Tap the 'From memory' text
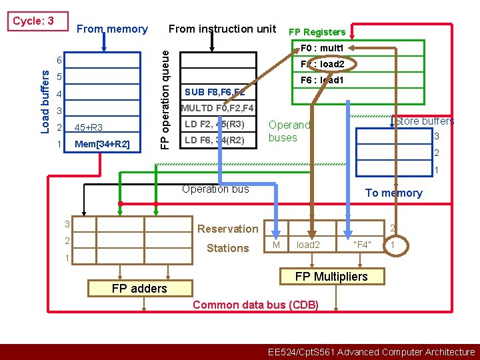[x=112, y=29]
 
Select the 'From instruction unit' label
[x=222, y=29]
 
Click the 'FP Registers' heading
[x=317, y=32]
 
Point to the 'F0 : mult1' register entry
[x=322, y=49]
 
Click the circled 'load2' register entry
[x=323, y=64]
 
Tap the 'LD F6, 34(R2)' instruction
[x=215, y=140]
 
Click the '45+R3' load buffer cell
[x=89, y=127]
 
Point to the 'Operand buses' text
[x=289, y=131]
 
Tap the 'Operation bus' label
[x=215, y=189]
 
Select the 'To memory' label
[x=393, y=193]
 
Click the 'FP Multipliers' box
[x=331, y=276]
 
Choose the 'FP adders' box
[x=139, y=288]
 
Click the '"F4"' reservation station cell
[x=362, y=245]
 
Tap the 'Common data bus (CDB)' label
[x=255, y=305]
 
